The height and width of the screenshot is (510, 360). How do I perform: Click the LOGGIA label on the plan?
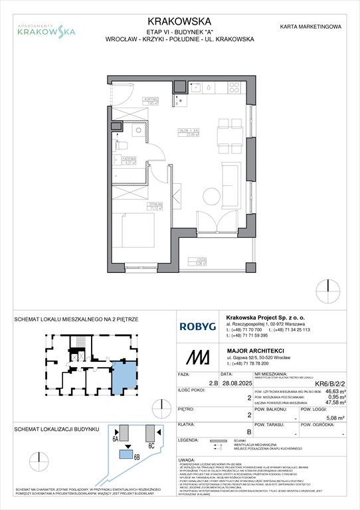pyautogui.click(x=200, y=261)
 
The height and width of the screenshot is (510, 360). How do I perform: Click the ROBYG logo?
pyautogui.click(x=197, y=327)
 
